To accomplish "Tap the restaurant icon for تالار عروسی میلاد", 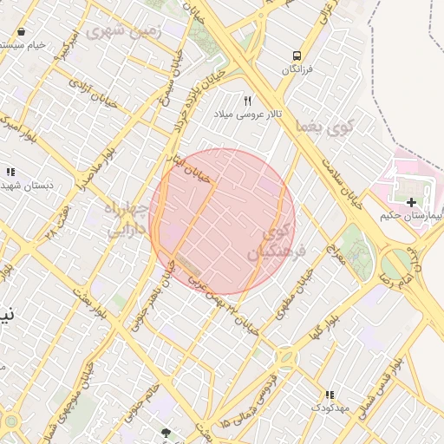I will [x=247, y=101].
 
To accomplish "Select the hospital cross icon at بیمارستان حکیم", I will [x=411, y=201].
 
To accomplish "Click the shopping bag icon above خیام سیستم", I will [x=21, y=32].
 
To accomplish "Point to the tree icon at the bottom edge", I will [x=166, y=432].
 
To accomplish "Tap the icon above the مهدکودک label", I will [x=329, y=395].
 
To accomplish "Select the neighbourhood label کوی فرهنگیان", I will [x=271, y=238].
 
